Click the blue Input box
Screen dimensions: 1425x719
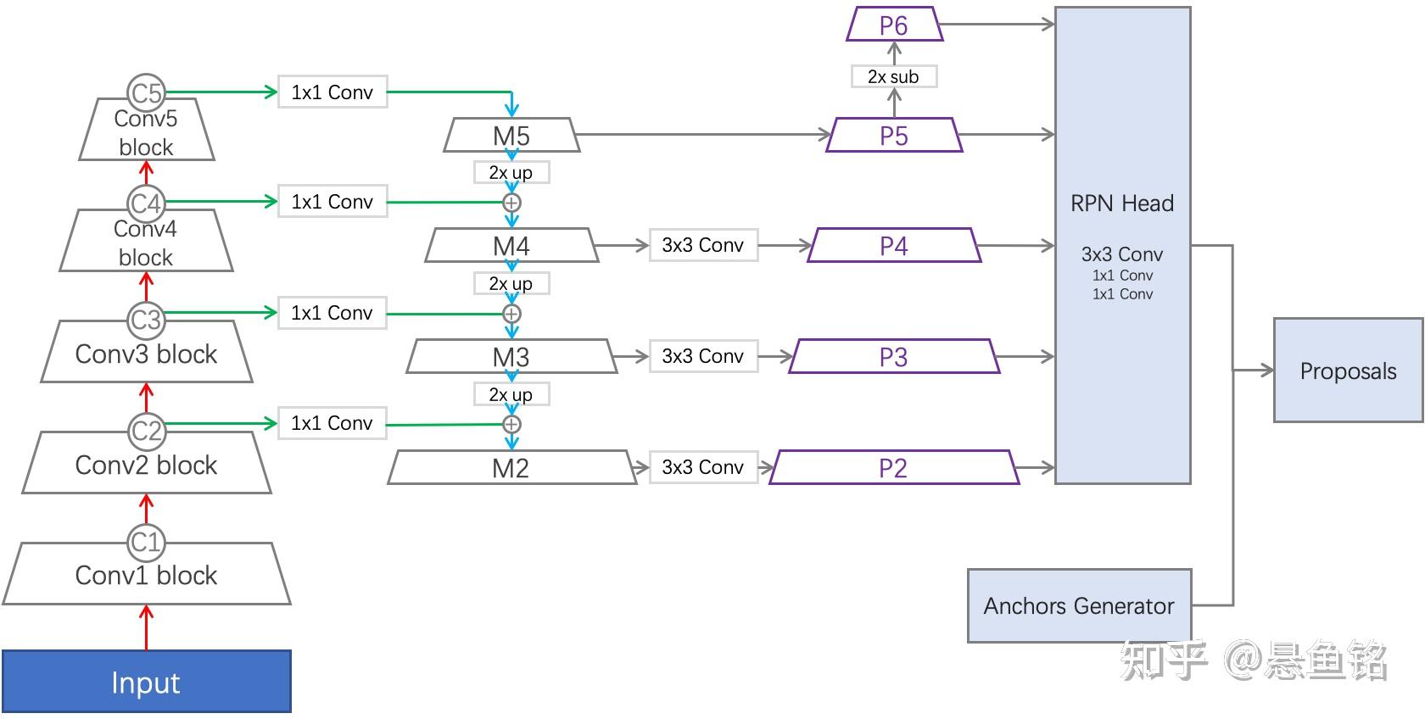(x=146, y=682)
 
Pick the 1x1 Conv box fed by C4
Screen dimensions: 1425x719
(x=332, y=202)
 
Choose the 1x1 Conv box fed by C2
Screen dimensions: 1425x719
(x=332, y=423)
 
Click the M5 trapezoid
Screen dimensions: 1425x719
(x=511, y=135)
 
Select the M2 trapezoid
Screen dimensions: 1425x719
(x=512, y=467)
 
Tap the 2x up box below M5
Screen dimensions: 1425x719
(x=511, y=172)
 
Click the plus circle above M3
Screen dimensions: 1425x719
(x=511, y=314)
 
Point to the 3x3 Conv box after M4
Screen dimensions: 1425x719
(x=703, y=245)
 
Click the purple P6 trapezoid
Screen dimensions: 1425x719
(x=894, y=24)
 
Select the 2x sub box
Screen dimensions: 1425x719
(x=894, y=77)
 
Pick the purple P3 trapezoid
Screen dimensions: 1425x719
(x=894, y=356)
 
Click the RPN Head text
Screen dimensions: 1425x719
(x=1122, y=203)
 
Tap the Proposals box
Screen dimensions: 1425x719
(x=1348, y=370)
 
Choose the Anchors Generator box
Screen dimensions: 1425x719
(x=1079, y=606)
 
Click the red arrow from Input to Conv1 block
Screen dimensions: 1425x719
(x=146, y=627)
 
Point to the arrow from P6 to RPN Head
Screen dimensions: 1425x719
(x=997, y=24)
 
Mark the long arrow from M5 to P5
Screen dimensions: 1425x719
(x=703, y=135)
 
